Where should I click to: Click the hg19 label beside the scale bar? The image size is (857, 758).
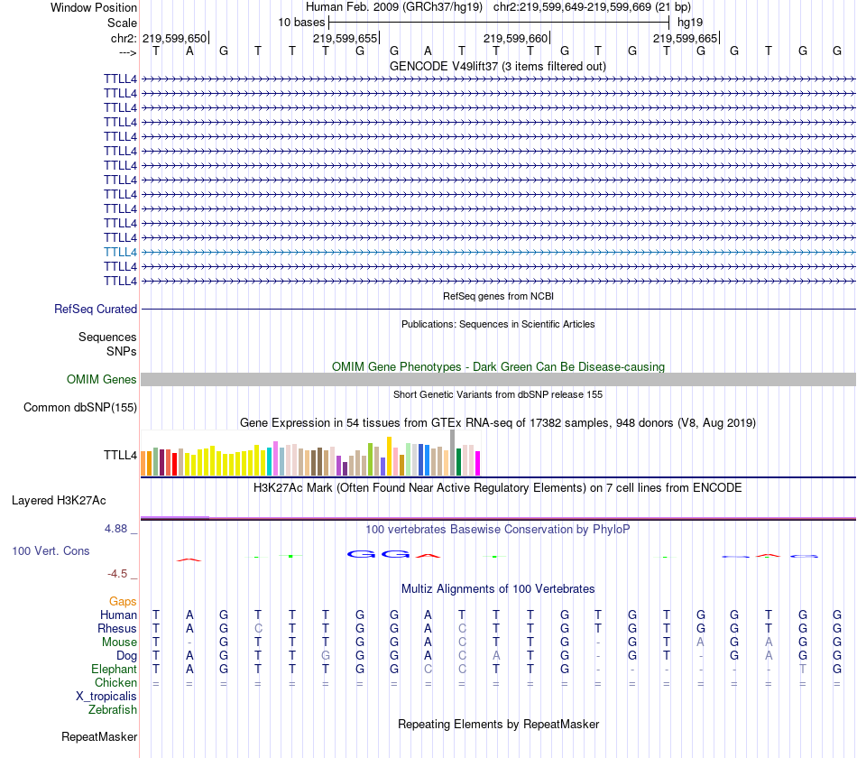pyautogui.click(x=690, y=22)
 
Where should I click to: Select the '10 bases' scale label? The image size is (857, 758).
pyautogui.click(x=301, y=22)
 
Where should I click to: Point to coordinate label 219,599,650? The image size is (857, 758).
pyautogui.click(x=175, y=38)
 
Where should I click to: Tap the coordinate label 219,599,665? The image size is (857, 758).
pyautogui.click(x=685, y=38)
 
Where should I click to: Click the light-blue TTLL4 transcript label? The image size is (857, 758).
pyautogui.click(x=120, y=252)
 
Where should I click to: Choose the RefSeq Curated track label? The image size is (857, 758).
pyautogui.click(x=96, y=309)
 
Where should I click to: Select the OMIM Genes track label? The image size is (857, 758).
pyautogui.click(x=102, y=379)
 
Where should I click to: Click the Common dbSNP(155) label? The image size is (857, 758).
pyautogui.click(x=80, y=407)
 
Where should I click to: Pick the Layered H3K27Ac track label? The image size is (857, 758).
pyautogui.click(x=59, y=499)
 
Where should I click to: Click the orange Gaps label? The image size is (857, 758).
pyautogui.click(x=123, y=601)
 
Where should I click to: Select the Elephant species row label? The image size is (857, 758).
pyautogui.click(x=114, y=669)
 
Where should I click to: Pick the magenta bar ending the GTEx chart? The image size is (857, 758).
pyautogui.click(x=478, y=463)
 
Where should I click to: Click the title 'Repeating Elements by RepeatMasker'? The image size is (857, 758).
pyautogui.click(x=498, y=724)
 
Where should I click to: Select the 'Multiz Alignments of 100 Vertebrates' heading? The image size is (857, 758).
pyautogui.click(x=498, y=588)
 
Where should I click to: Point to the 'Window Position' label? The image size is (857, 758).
pyautogui.click(x=94, y=7)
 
